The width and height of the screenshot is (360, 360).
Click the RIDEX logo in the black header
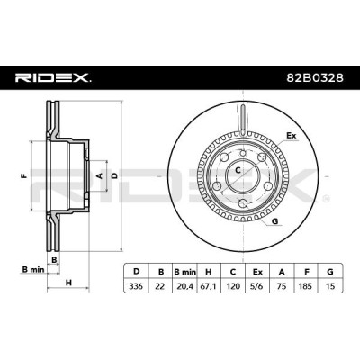(53, 78)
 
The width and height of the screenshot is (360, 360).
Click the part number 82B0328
(315, 78)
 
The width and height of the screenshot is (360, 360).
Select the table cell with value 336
(136, 286)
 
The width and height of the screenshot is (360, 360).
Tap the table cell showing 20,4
(184, 286)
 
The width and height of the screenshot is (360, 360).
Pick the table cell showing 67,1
(209, 286)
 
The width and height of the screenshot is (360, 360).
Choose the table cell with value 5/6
(257, 286)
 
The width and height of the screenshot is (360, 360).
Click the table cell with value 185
(306, 286)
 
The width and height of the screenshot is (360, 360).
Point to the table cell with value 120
(233, 286)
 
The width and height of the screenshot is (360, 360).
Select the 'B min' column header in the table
(184, 272)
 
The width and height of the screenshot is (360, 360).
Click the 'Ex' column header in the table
(257, 272)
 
